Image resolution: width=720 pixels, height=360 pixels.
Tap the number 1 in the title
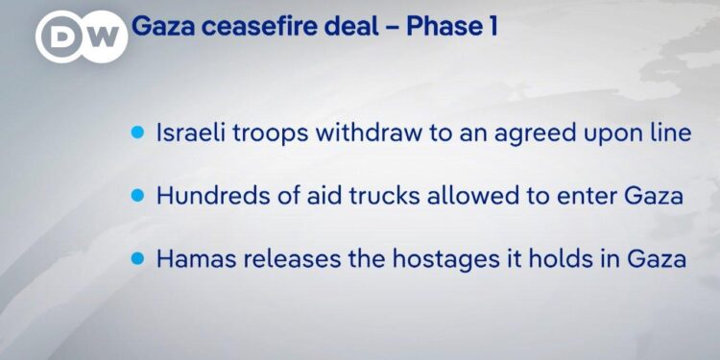[x=491, y=26]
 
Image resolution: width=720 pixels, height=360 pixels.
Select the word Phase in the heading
[x=440, y=26]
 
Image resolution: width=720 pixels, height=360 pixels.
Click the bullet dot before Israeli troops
[x=137, y=132]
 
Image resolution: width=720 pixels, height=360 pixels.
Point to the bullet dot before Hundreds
[x=137, y=195]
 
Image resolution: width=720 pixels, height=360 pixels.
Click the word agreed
[x=517, y=132]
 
